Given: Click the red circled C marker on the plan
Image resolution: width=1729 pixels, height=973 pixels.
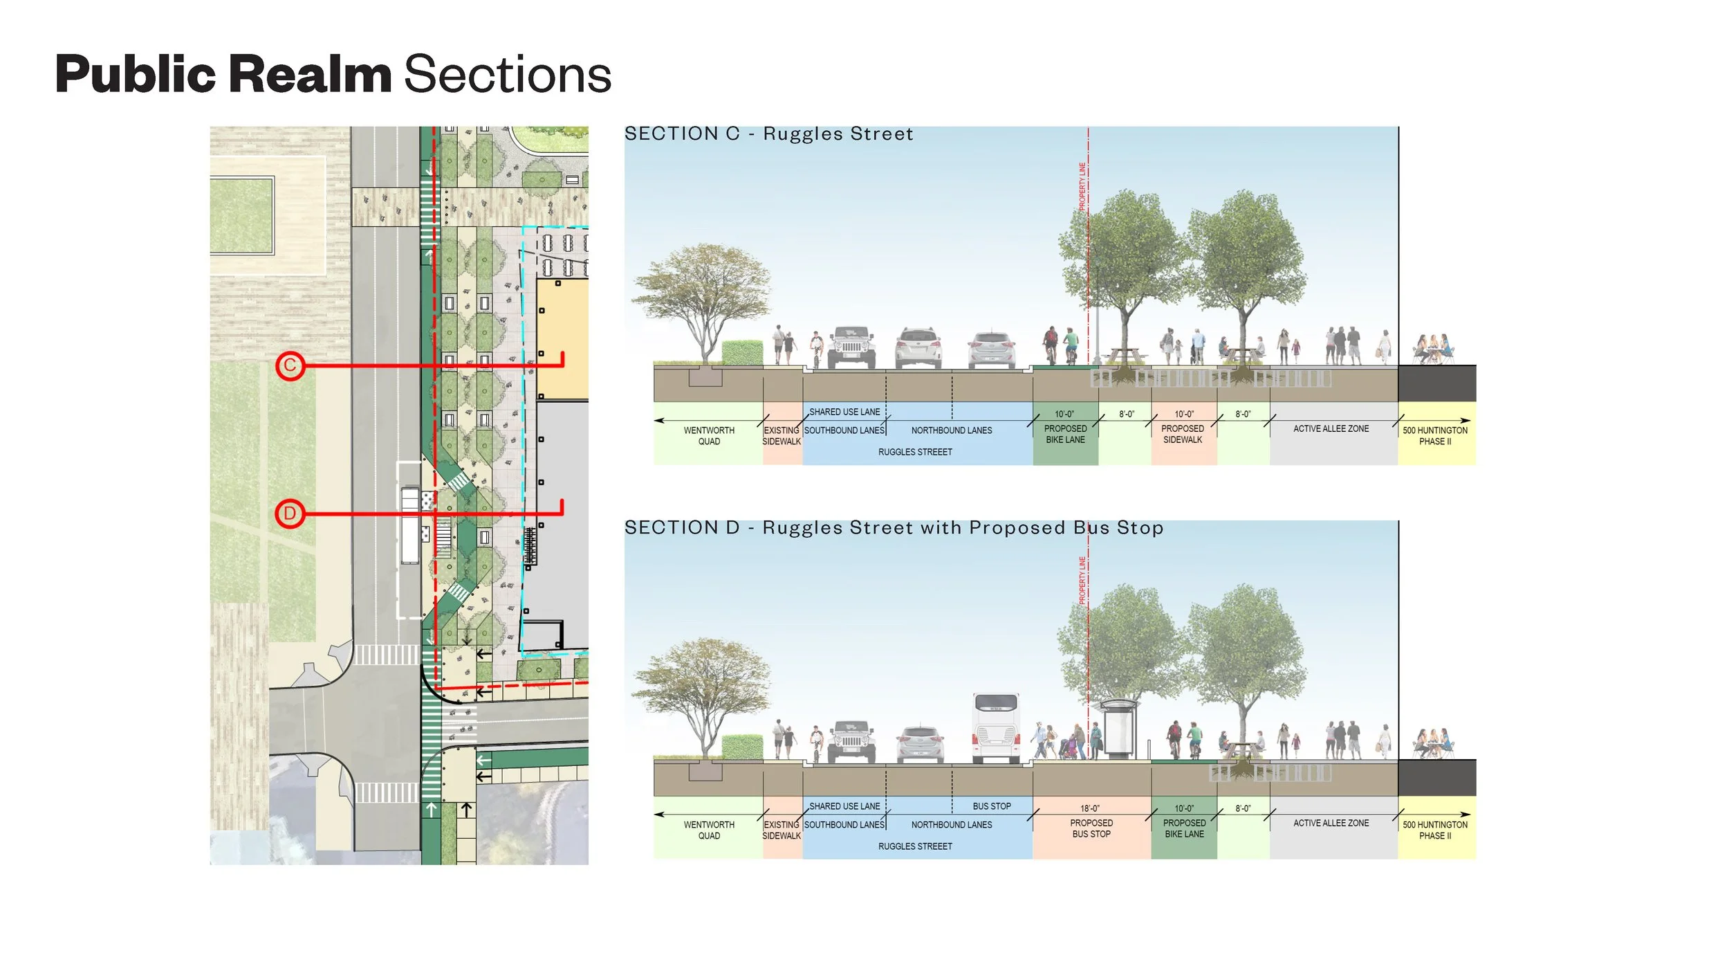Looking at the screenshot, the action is [290, 365].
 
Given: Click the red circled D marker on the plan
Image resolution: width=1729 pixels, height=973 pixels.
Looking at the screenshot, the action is [290, 513].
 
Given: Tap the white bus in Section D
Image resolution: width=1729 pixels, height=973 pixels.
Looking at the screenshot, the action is [995, 729].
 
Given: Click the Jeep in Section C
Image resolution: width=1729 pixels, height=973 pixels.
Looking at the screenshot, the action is [851, 347].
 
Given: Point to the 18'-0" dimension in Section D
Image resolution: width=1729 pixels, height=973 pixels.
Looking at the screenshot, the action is [1090, 808].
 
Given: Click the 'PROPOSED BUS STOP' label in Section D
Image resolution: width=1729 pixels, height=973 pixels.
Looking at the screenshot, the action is [1091, 828].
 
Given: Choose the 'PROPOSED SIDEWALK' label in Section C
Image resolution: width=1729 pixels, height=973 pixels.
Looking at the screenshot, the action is [1183, 434].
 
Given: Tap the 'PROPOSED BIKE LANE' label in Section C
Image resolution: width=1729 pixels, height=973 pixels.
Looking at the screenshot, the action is [1065, 434].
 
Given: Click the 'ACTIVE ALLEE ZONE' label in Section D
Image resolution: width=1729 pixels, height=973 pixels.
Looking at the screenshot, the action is [1331, 823].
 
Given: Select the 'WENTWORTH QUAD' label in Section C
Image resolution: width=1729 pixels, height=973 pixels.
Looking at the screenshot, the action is [709, 435].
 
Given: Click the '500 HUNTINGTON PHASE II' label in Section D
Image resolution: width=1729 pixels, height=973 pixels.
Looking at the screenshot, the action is [1435, 830].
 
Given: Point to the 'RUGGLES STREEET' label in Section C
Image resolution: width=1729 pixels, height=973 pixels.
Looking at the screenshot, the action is [915, 452].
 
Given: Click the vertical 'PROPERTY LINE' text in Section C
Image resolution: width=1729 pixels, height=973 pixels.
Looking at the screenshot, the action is [1082, 185].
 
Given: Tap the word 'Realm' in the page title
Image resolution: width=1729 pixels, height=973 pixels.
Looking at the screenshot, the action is [310, 74].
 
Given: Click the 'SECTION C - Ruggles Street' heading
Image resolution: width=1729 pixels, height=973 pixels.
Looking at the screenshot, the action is [768, 134].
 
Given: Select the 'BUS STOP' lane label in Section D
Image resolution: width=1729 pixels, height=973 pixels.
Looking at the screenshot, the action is [991, 806].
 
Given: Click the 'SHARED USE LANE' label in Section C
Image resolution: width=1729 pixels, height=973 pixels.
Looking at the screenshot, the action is [844, 412].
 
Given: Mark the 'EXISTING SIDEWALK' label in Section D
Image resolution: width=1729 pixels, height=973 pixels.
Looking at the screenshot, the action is [782, 830].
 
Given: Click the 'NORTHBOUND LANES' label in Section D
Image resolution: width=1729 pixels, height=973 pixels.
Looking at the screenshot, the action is [951, 825].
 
